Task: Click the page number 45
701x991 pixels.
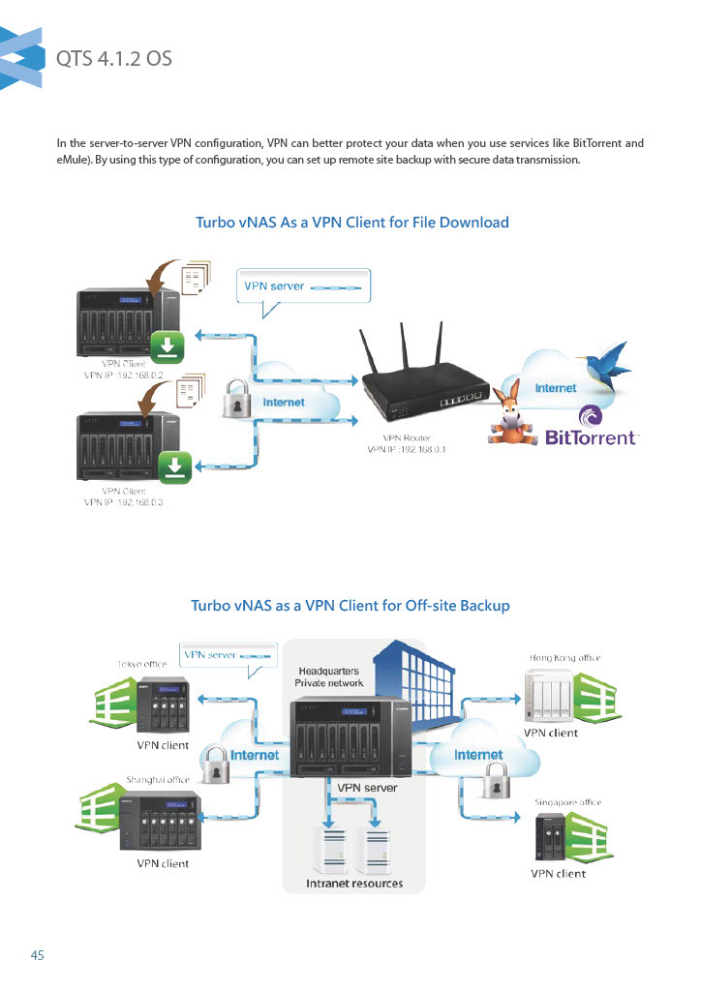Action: tap(38, 955)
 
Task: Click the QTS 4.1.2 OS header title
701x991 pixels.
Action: tap(114, 58)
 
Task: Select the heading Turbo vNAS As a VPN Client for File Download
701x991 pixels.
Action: tap(352, 223)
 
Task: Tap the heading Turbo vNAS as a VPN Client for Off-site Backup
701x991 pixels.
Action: tap(350, 606)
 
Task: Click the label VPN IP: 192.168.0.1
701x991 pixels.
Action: tap(407, 449)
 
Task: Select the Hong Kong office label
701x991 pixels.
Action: tap(564, 658)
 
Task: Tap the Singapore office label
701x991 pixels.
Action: tap(568, 802)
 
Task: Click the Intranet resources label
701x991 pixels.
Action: tap(354, 884)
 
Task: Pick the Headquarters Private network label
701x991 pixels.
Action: tap(329, 676)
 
